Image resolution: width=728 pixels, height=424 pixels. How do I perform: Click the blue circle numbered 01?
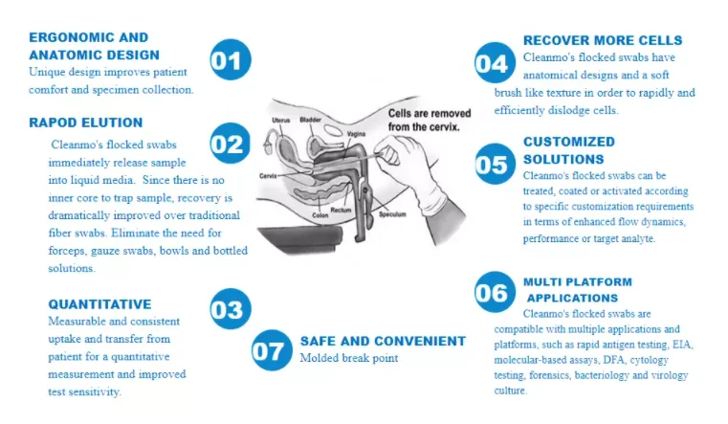229,59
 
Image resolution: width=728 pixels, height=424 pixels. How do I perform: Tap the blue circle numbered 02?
228,144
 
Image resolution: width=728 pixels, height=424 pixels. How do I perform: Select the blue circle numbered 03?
229,308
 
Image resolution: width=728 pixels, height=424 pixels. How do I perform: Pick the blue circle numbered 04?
493,63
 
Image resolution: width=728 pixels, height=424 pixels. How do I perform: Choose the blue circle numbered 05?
493,164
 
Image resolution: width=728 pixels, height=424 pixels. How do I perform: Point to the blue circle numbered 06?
492,292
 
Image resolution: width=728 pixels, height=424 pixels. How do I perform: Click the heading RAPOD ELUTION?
85,123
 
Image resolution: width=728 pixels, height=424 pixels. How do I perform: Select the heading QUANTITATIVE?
99,304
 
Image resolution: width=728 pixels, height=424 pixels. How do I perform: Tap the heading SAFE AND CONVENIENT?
383,341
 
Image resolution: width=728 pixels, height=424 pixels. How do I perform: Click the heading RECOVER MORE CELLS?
603,40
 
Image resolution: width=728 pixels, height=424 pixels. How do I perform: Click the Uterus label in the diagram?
280,120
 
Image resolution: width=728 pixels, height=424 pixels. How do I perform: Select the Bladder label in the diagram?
311,120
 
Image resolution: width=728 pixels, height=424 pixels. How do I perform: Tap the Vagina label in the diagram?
354,133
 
